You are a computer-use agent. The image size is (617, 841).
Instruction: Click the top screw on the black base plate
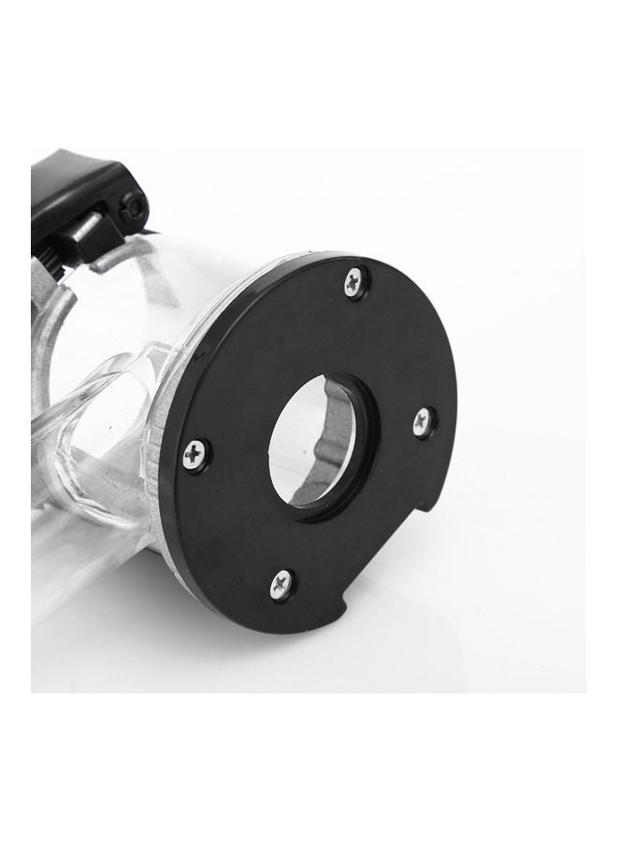354,281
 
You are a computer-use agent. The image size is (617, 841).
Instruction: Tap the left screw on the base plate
195,455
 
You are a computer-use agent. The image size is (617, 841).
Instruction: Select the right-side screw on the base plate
423,421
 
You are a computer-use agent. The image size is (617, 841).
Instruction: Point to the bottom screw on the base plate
281,584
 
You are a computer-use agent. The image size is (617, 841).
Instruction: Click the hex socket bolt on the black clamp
132,207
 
